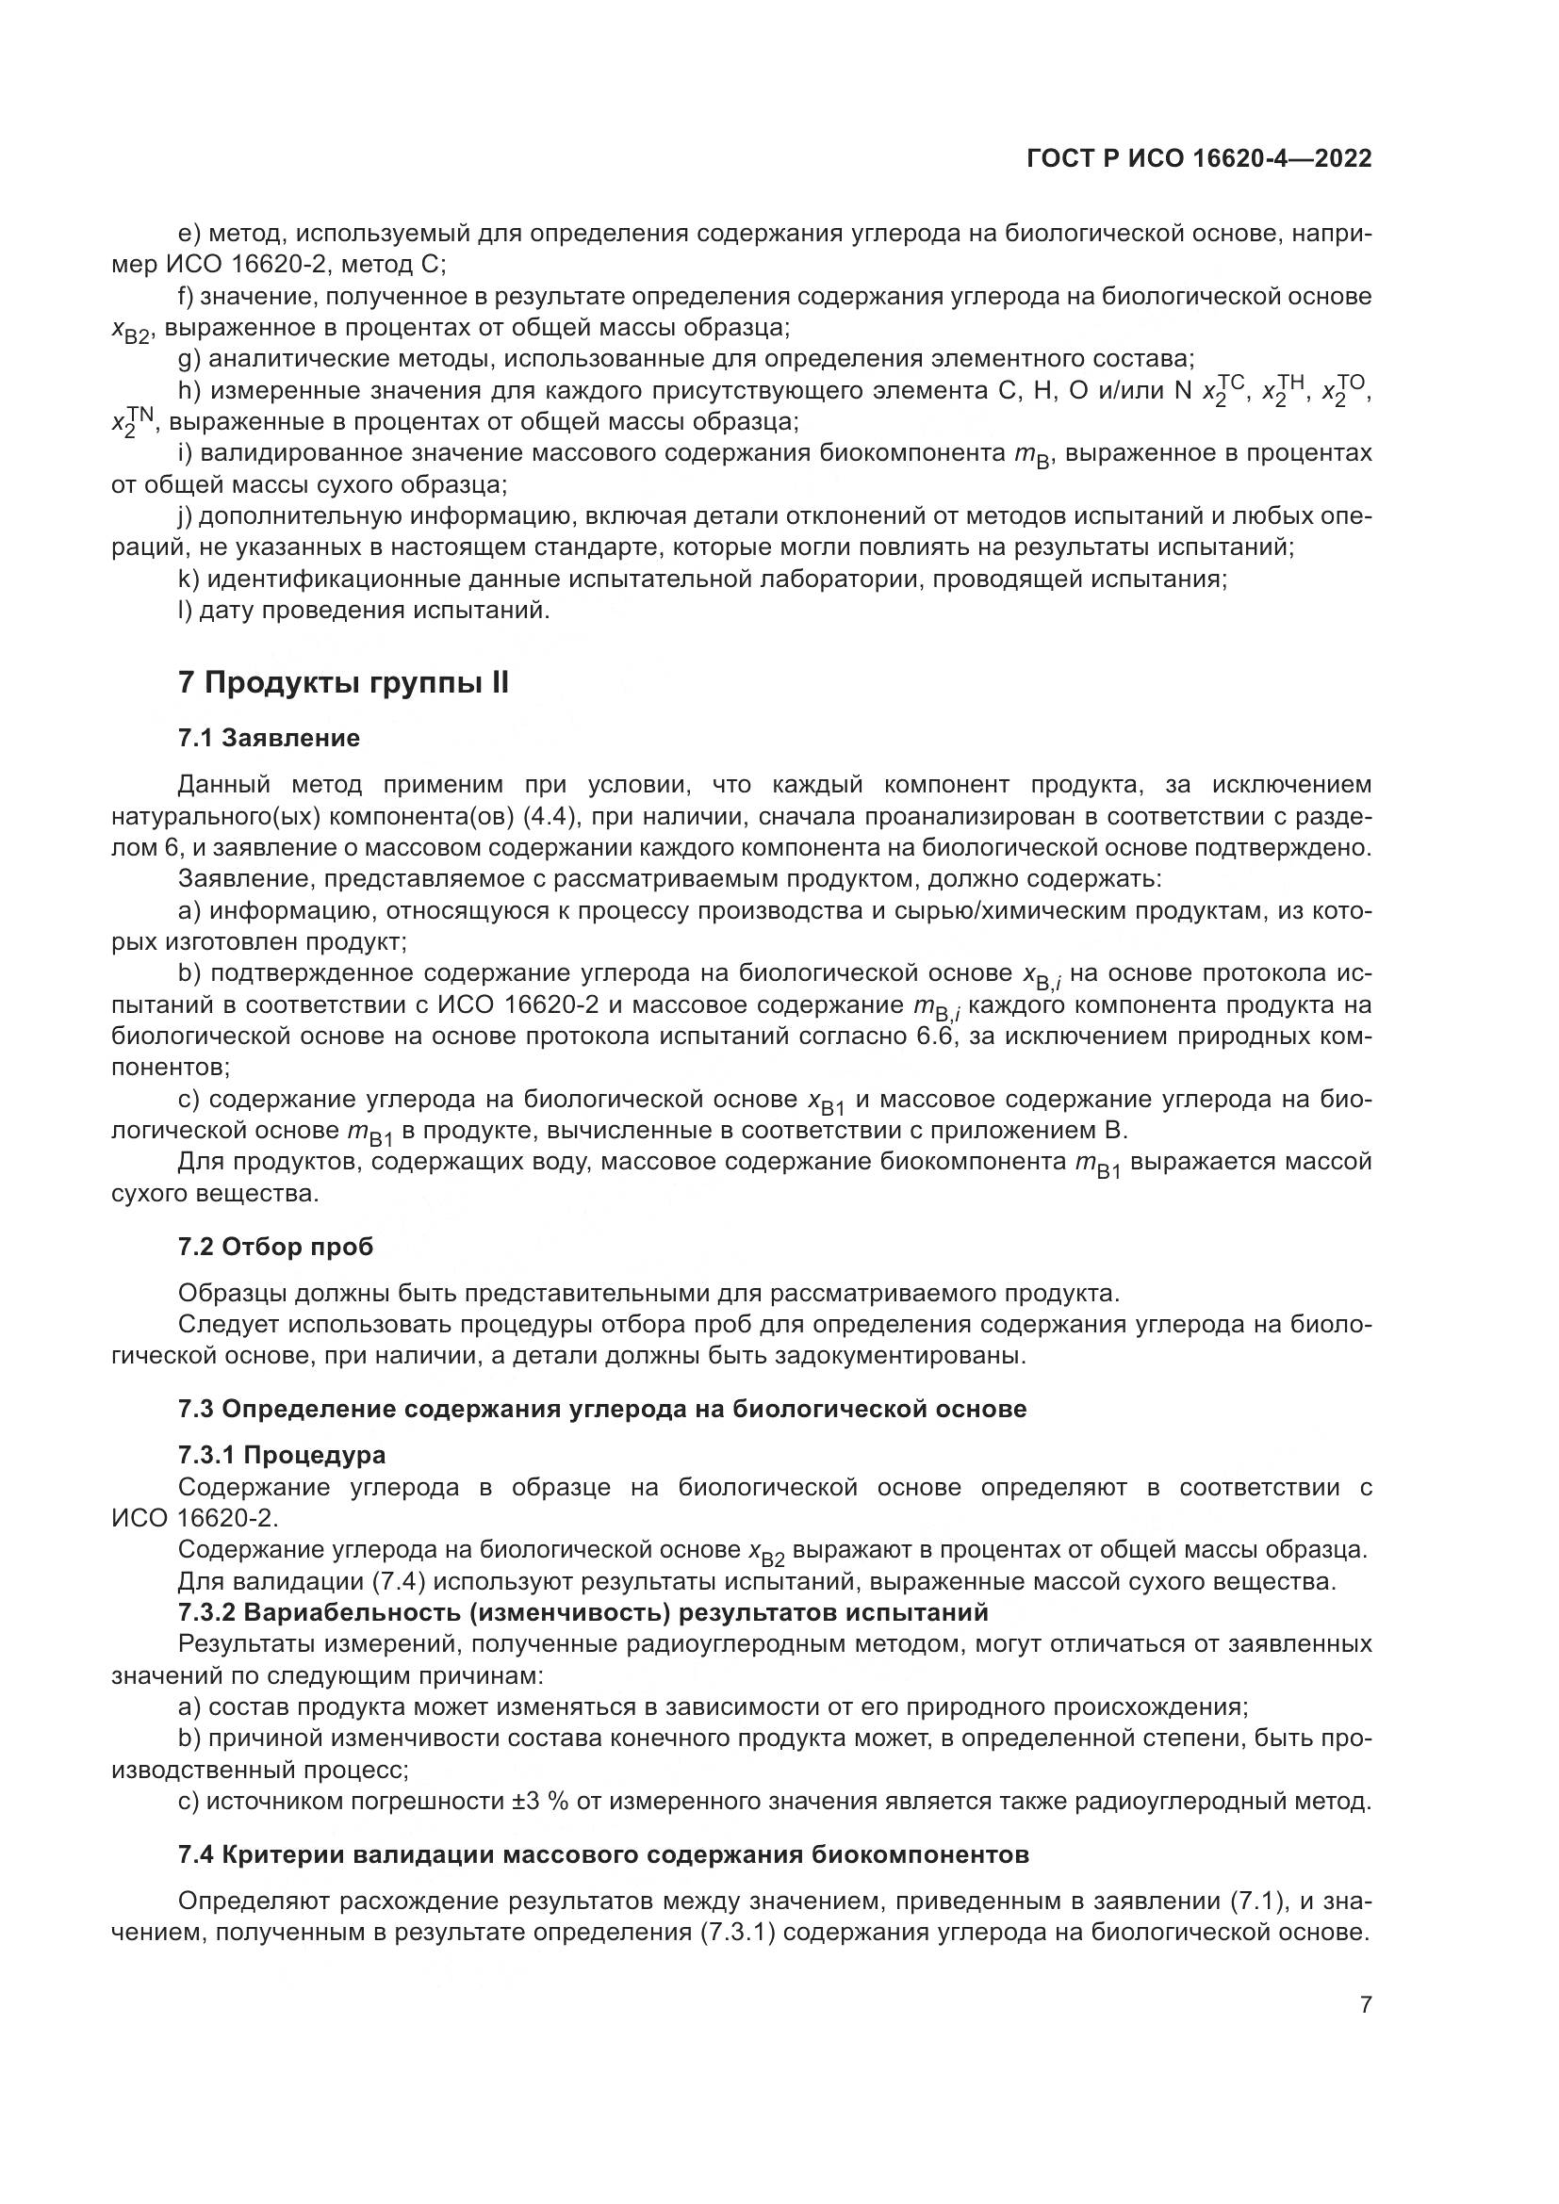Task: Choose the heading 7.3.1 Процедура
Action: click(281, 1455)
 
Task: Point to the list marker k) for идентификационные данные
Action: click(189, 579)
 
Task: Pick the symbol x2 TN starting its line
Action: click(132, 420)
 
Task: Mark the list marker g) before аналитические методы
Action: click(189, 359)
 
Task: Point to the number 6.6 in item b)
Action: click(927, 1036)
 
